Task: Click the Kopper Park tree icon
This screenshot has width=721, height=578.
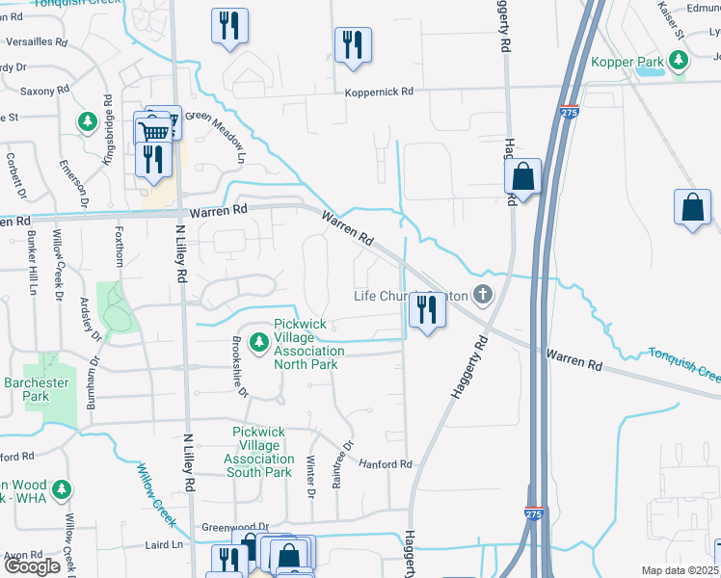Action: click(680, 62)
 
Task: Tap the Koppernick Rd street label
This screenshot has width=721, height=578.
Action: click(380, 92)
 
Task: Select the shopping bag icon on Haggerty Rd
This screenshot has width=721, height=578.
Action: click(522, 177)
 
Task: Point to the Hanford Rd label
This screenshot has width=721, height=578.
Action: click(386, 464)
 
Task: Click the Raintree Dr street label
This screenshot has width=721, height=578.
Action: click(338, 466)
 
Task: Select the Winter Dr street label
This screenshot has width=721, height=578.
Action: click(310, 479)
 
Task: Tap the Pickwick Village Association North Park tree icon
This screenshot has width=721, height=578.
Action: click(258, 342)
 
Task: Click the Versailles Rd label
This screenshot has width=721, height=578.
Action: click(37, 43)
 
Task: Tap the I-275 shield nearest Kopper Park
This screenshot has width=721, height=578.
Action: click(569, 113)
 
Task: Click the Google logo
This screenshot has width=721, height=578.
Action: click(32, 566)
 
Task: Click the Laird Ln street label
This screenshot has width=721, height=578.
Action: click(164, 544)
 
